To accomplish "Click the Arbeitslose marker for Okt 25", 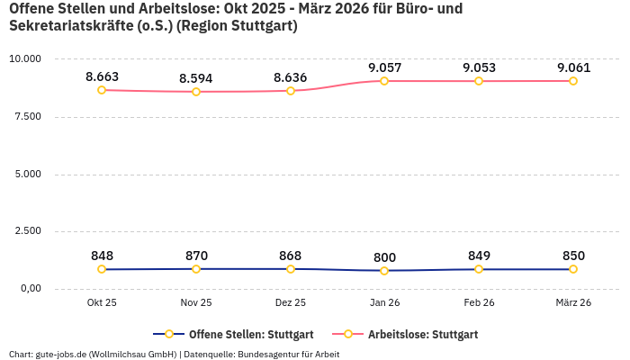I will pos(102,90).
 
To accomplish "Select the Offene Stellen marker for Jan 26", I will pos(384,270).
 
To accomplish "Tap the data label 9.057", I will pos(384,68).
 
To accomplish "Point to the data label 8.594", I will pos(196,78).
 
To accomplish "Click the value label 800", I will pos(384,257).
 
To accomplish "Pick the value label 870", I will pos(196,256).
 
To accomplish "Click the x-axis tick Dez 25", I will pos(290,303).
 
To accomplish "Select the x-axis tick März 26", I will pos(573,303).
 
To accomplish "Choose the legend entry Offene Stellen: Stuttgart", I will pos(233,335).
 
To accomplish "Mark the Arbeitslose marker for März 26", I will pos(573,81).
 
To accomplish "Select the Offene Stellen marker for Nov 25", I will pos(196,268).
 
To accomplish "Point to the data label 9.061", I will pos(573,68).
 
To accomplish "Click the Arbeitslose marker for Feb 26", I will pos(479,81).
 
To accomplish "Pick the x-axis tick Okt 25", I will pos(102,303).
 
